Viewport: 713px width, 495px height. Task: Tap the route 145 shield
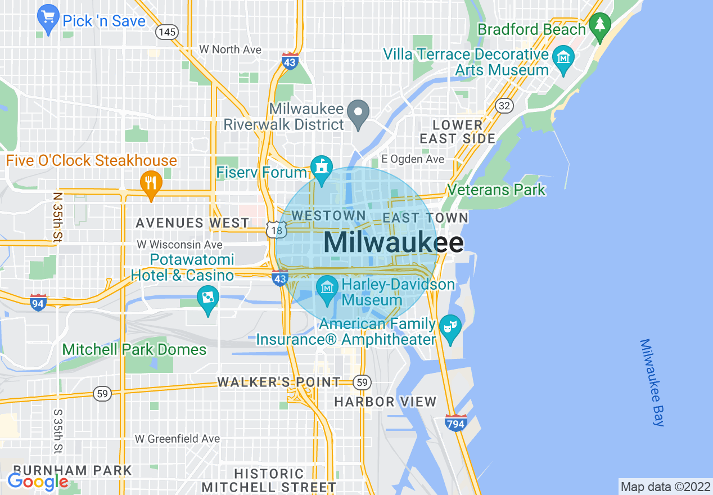pyautogui.click(x=167, y=31)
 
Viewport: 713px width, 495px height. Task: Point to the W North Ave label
pyautogui.click(x=231, y=49)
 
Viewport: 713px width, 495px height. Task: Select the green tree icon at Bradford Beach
pyautogui.click(x=601, y=25)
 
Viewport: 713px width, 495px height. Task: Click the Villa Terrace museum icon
pyautogui.click(x=563, y=58)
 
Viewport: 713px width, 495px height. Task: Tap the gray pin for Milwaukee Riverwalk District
pyautogui.click(x=357, y=111)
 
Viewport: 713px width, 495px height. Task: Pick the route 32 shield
pyautogui.click(x=504, y=105)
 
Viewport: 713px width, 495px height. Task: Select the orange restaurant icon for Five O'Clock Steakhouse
pyautogui.click(x=150, y=183)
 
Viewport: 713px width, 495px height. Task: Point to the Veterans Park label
pyautogui.click(x=496, y=190)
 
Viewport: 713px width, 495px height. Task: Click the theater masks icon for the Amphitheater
pyautogui.click(x=450, y=327)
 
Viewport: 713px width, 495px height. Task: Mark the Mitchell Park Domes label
pyautogui.click(x=134, y=349)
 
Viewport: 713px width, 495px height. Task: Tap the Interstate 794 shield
pyautogui.click(x=455, y=422)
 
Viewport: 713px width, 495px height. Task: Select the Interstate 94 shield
pyautogui.click(x=38, y=302)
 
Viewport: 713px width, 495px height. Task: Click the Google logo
pyautogui.click(x=38, y=481)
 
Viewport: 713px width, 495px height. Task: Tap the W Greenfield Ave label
pyautogui.click(x=177, y=438)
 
